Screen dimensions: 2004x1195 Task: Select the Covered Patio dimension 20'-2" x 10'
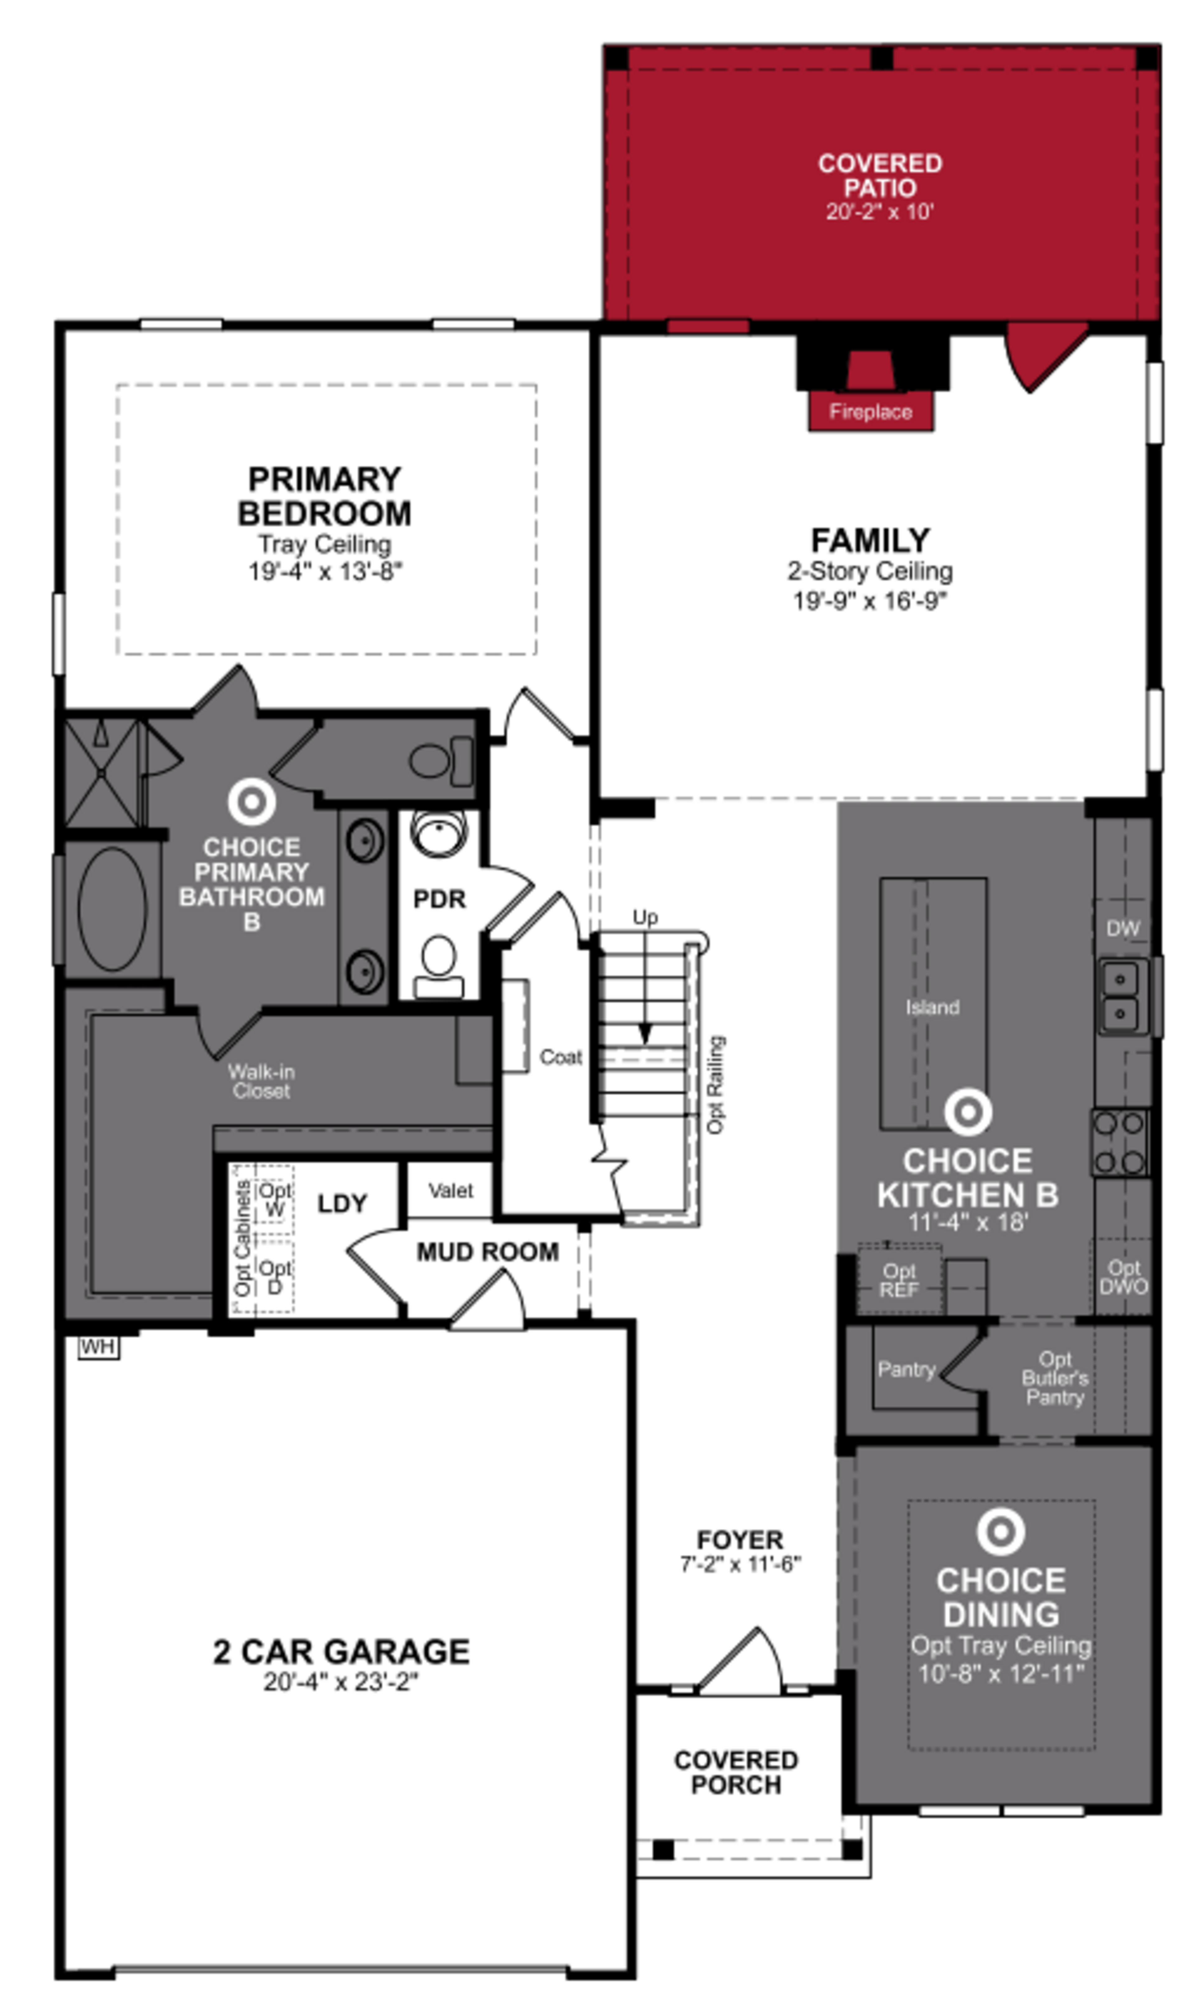[x=879, y=212]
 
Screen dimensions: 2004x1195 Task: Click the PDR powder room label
[x=439, y=899]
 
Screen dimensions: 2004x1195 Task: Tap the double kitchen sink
[x=1120, y=996]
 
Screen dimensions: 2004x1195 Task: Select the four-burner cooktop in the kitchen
[x=1120, y=1142]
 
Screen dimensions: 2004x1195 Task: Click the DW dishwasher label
[x=1122, y=928]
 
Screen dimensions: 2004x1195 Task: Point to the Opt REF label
[x=899, y=1280]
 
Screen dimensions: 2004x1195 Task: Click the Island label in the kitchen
[x=932, y=1007]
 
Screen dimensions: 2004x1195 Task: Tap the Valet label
[x=450, y=1191]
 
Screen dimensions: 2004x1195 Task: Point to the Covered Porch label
[x=736, y=1772]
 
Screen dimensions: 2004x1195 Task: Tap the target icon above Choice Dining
[x=1001, y=1531]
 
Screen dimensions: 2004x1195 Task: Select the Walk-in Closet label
[x=261, y=1081]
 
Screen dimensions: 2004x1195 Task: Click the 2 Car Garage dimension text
[x=341, y=1682]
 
